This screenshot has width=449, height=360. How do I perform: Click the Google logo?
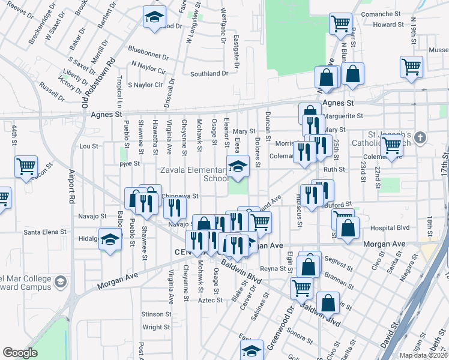click(20, 353)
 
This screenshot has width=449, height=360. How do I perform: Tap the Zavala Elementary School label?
click(193, 174)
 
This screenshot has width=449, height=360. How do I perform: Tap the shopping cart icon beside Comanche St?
click(340, 23)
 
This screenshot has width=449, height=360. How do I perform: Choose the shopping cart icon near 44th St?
click(26, 166)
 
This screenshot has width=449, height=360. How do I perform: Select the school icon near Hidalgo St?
click(110, 240)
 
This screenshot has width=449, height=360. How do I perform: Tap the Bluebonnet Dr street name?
click(148, 53)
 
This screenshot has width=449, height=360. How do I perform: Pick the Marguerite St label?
click(343, 116)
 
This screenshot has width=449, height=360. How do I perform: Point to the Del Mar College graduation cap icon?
click(60, 281)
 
